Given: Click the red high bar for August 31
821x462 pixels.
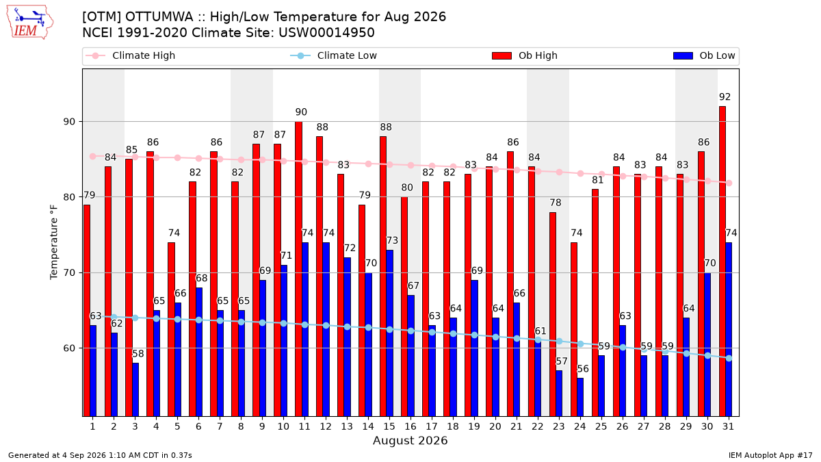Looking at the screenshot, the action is click(x=722, y=261).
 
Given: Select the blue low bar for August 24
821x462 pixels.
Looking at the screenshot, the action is click(x=580, y=397).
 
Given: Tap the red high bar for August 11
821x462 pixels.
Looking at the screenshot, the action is click(x=299, y=269).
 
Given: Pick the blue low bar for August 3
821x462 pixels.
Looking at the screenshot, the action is click(x=135, y=389).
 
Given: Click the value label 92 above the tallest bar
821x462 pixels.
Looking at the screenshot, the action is click(x=725, y=97).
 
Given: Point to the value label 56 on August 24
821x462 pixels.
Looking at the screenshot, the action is click(x=583, y=368).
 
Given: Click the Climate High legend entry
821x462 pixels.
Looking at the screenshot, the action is click(x=131, y=55).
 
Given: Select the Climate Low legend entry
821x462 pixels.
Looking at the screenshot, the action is click(x=334, y=55).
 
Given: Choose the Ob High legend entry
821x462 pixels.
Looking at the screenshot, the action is click(x=525, y=55).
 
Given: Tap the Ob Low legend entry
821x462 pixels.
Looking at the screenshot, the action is click(x=704, y=55).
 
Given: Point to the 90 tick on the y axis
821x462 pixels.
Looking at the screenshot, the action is click(x=70, y=122).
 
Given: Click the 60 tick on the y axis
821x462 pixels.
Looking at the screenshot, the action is click(x=70, y=348).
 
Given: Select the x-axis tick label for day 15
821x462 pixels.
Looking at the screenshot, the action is click(x=389, y=426).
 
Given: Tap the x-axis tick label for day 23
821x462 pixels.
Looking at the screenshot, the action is click(x=559, y=426).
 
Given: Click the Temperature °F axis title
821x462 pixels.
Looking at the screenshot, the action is click(x=54, y=242).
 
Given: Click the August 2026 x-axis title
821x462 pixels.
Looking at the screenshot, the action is click(x=410, y=440).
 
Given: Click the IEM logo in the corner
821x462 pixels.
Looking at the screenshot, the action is click(x=30, y=23).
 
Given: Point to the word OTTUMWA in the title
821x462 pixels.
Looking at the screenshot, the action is click(x=159, y=17).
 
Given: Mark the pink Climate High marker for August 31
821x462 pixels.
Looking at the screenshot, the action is click(x=729, y=183).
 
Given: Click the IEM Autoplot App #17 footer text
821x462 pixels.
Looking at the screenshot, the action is click(x=770, y=455).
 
